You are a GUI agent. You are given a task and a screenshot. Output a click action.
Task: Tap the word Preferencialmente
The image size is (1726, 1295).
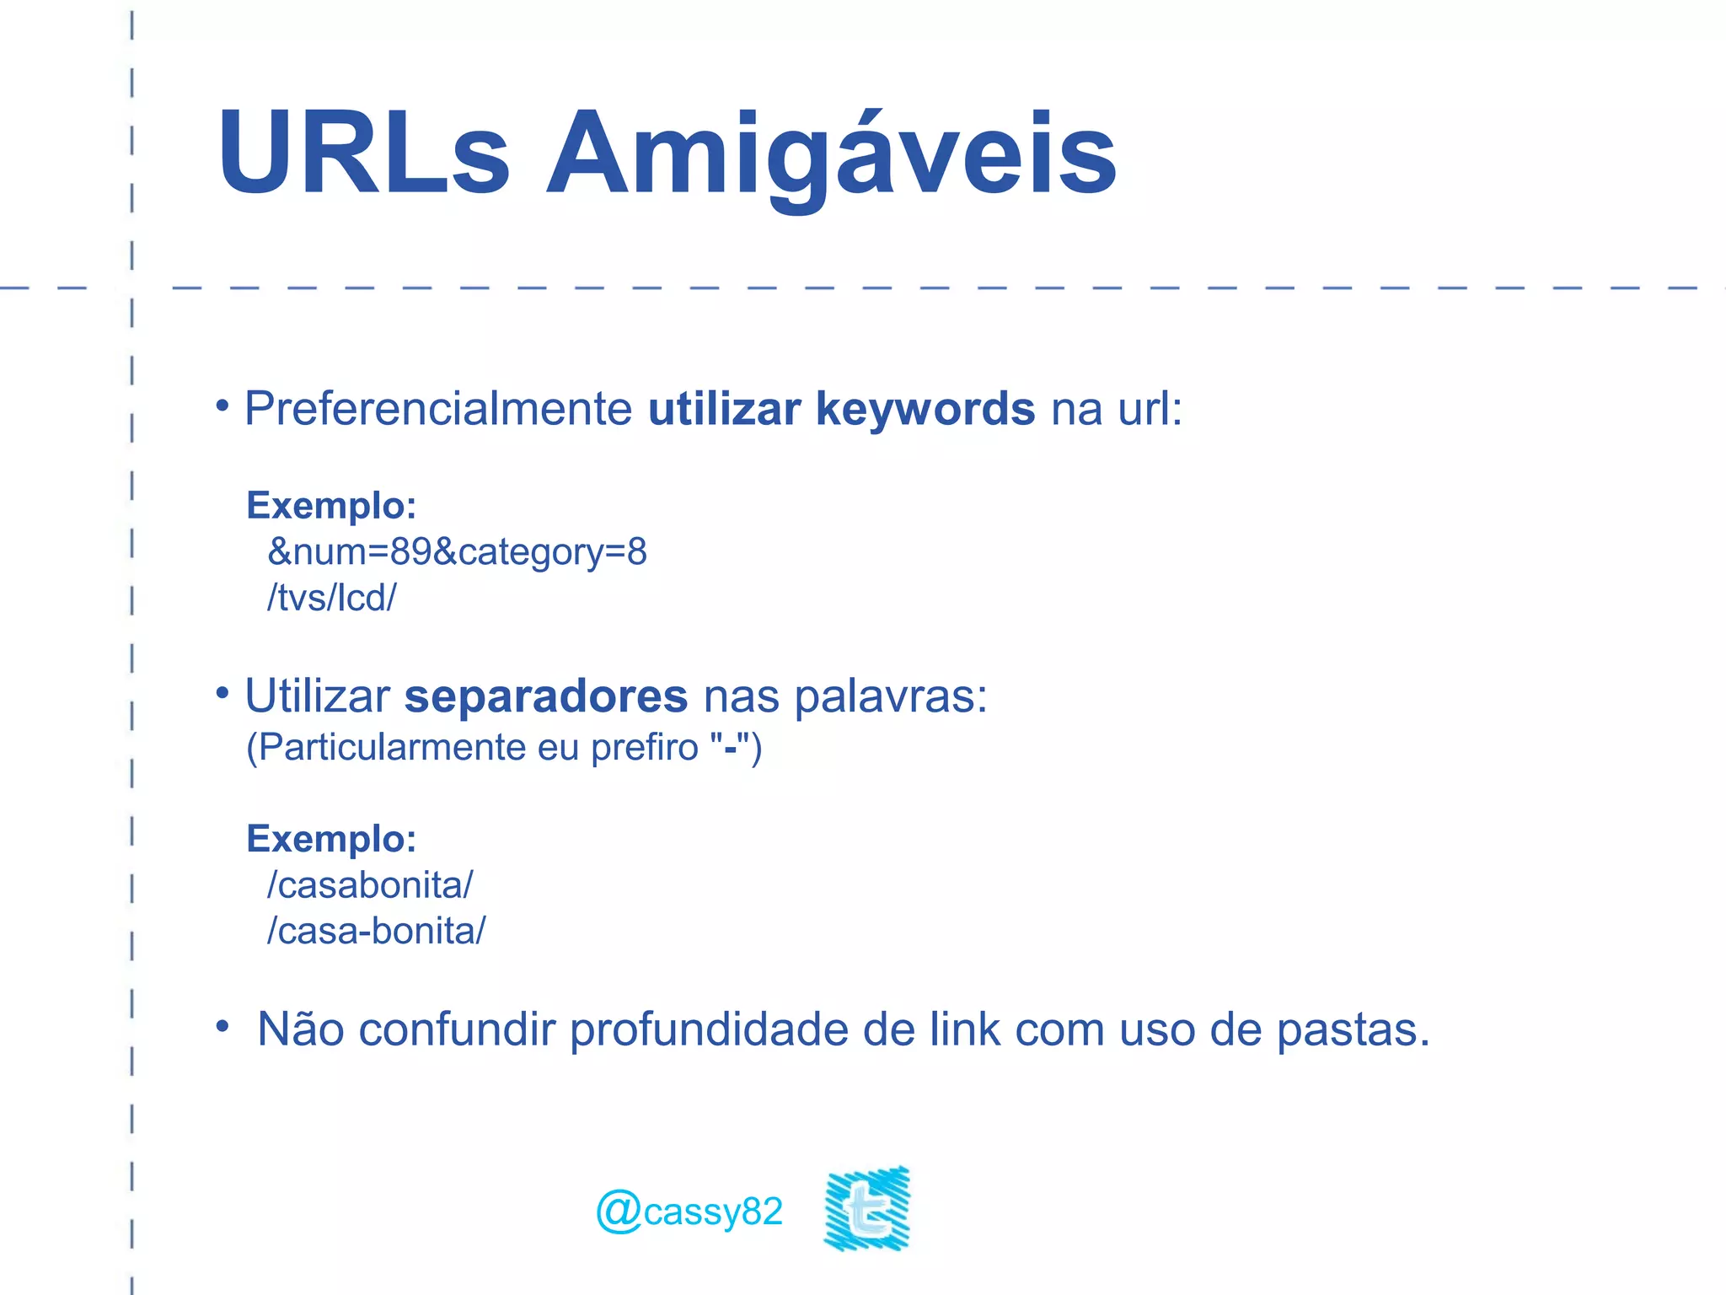tap(438, 409)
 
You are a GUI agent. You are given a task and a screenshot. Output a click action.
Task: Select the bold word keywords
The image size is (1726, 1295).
tap(925, 409)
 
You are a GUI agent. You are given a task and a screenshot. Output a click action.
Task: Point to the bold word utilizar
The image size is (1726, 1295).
tap(724, 409)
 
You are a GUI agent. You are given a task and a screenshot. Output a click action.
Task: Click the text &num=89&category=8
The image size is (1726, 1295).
tap(457, 552)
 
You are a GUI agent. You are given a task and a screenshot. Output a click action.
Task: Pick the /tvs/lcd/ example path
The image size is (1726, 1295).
tap(331, 598)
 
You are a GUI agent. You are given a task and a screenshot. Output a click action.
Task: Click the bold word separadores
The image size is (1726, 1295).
tap(546, 696)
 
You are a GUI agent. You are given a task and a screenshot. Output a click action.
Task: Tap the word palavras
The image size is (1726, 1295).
tap(890, 696)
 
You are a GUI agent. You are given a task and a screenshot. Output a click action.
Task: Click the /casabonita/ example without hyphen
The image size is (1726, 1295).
tap(370, 885)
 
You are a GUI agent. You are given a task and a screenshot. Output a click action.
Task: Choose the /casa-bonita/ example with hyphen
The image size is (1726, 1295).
tap(376, 932)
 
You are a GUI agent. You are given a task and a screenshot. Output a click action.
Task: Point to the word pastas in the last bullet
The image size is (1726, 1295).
tap(1353, 1029)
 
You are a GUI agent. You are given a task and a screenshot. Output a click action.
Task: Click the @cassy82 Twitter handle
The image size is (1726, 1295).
tap(689, 1212)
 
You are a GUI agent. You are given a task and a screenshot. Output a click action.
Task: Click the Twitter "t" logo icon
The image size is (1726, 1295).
tap(867, 1208)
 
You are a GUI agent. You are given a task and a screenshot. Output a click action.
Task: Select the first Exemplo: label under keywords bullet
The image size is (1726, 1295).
tap(331, 506)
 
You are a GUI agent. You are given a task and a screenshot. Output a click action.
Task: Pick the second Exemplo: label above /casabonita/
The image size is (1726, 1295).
tap(331, 839)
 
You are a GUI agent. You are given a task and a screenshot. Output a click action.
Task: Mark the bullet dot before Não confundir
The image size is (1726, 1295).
tap(222, 1027)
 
